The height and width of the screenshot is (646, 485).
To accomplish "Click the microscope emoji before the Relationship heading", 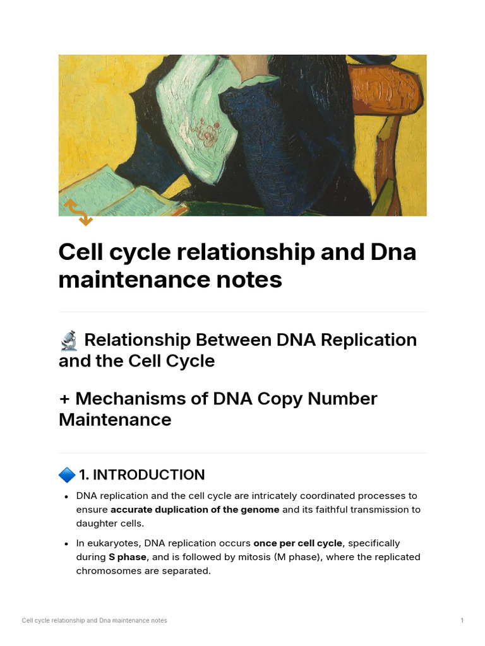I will tap(68, 341).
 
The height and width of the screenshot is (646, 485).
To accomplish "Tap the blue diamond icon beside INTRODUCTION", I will tap(66, 474).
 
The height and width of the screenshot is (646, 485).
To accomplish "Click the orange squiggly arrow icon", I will tap(78, 212).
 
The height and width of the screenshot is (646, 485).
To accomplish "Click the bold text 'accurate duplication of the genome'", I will tap(195, 510).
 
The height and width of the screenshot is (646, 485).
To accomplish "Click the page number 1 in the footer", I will tap(462, 621).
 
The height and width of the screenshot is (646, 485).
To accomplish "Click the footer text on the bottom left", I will tap(95, 621).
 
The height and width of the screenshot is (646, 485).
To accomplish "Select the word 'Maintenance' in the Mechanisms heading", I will tap(115, 420).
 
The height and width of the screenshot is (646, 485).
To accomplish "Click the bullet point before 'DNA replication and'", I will tap(66, 496).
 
